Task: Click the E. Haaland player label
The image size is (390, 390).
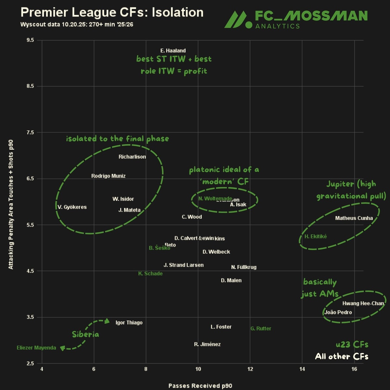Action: coord(173,51)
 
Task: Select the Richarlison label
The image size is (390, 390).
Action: coord(132,157)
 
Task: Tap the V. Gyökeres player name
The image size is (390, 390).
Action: coord(72,207)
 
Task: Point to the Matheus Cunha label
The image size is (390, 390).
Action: coord(354,218)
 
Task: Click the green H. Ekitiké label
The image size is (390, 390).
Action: coord(316,236)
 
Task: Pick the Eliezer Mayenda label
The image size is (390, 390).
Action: coord(36,348)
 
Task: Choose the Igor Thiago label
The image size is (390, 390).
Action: coord(129,322)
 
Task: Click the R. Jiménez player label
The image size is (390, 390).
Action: coord(207,344)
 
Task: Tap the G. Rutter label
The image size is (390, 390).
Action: coord(261,329)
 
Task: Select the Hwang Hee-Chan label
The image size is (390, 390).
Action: coord(363,304)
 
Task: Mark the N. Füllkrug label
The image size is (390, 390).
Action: coord(244,267)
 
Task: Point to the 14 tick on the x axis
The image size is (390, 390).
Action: coord(302,369)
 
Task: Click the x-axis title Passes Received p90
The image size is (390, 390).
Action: coord(200,386)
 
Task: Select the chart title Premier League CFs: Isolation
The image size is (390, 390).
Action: coord(112,12)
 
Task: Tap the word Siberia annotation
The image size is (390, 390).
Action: coord(85,334)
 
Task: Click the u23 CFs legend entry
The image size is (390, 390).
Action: coord(352,344)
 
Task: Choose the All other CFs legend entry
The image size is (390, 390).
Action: coord(342,357)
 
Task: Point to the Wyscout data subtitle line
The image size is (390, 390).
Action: coord(77,25)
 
